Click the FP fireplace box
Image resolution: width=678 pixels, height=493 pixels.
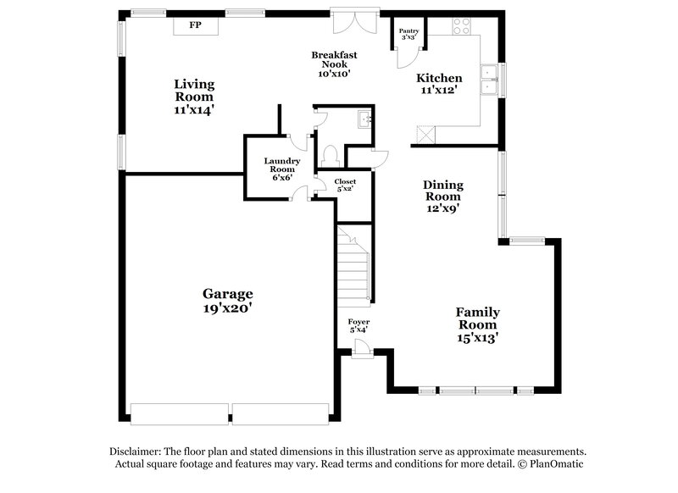195,26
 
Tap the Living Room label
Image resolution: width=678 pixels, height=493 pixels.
194,96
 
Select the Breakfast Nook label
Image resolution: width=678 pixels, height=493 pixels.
333,64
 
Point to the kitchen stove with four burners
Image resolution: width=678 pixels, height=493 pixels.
462,26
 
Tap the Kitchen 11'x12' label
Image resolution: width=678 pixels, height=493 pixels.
438,84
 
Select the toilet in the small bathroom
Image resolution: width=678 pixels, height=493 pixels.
331,155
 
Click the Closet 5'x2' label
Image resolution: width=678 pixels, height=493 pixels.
345,186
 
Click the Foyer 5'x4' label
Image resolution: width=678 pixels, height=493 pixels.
358,326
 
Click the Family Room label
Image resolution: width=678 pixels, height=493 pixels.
478,324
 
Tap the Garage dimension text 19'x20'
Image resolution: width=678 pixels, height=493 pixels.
227,309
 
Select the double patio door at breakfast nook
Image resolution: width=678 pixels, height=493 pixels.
354,20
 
